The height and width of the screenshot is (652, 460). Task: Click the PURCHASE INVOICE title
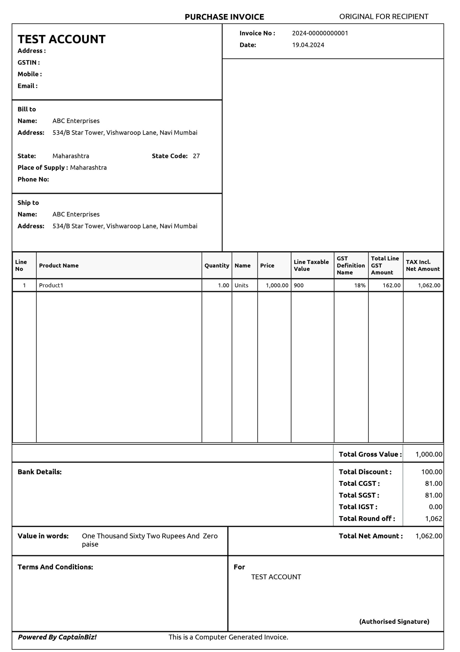tap(224, 17)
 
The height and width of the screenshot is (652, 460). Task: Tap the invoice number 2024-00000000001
tap(320, 33)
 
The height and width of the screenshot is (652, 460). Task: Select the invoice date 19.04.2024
tap(308, 45)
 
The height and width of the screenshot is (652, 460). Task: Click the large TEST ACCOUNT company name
tap(62, 39)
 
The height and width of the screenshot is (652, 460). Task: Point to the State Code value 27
tap(196, 156)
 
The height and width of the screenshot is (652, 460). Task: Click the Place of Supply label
tap(43, 168)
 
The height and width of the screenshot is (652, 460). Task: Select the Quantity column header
tap(217, 266)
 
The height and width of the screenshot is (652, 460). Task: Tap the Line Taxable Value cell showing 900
tap(299, 286)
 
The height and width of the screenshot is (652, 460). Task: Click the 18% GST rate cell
tap(360, 286)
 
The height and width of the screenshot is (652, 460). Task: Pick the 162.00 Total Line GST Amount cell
tap(391, 286)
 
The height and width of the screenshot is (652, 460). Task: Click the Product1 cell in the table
tap(51, 286)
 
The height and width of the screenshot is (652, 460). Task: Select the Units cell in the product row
tap(241, 286)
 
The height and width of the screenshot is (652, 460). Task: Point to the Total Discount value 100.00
tap(432, 472)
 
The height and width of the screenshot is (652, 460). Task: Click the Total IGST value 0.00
tap(436, 507)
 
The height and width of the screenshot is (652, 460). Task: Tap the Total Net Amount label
tap(371, 536)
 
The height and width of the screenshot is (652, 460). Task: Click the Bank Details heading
tap(39, 472)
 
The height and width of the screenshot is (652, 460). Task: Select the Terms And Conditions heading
tap(55, 567)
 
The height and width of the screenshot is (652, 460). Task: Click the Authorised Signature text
tap(394, 621)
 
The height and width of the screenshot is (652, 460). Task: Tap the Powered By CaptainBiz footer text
tap(57, 637)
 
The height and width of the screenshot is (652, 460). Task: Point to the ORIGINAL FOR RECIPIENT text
tap(384, 17)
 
